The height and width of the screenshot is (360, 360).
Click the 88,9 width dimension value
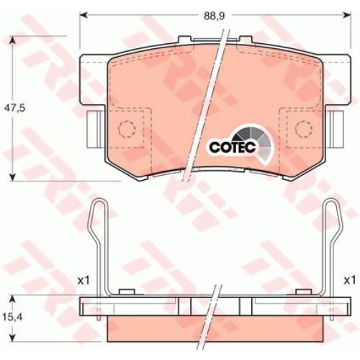(214, 16)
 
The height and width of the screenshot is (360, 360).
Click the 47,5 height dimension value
(15, 108)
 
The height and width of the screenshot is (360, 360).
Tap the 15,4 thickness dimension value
(13, 318)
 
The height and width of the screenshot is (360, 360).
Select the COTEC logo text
(233, 147)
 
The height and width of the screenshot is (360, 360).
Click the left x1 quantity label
(84, 280)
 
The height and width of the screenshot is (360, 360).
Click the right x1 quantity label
(349, 280)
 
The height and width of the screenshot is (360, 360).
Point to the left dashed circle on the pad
(127, 129)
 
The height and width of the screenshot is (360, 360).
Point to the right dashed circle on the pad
(304, 129)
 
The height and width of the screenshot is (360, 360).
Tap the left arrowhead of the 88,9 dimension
(83, 15)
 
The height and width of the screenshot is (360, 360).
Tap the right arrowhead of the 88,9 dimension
(348, 15)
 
